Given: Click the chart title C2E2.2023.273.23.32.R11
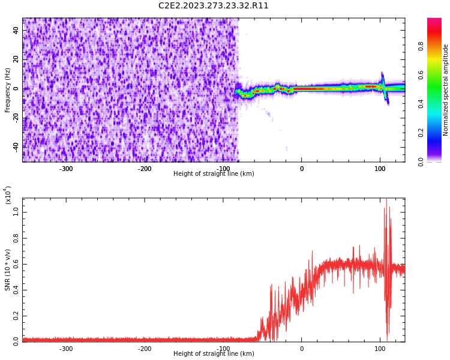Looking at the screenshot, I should point(214,6).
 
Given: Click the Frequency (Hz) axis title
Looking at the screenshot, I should point(8,90).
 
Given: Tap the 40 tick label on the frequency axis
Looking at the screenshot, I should point(16,31).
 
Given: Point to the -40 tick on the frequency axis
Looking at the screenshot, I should point(14,146).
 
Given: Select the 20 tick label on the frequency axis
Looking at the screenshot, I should point(16,59).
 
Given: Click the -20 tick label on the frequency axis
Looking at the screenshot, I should point(14,118).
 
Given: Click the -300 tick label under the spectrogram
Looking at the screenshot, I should point(66,169).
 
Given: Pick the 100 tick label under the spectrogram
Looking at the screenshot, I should point(380,169).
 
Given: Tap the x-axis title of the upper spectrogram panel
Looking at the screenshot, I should point(214,174).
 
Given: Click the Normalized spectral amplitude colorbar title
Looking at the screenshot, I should point(446,90).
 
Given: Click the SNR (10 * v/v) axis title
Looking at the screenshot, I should point(8,270).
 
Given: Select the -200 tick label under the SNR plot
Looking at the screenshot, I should point(145,349).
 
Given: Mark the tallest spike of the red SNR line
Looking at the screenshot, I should point(386,200).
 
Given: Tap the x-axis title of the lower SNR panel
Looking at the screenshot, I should point(214,354).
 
